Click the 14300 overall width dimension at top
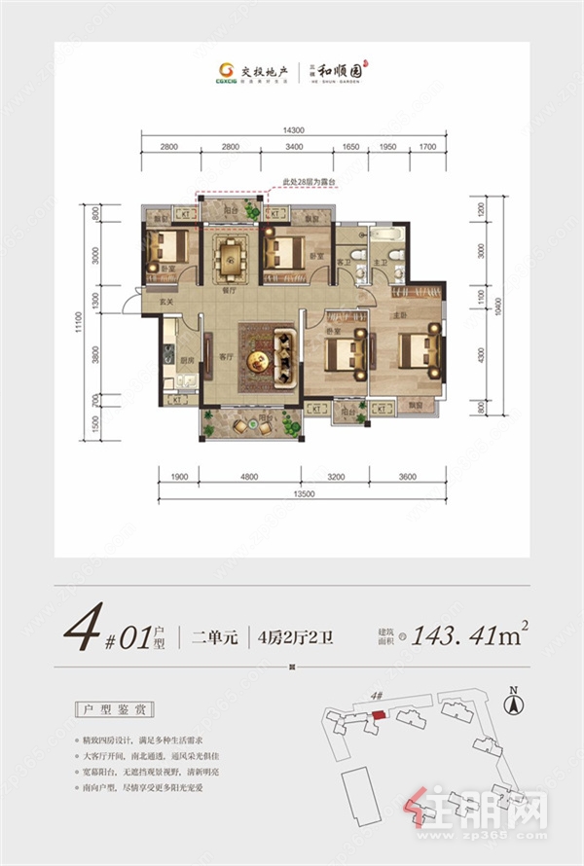(295, 129)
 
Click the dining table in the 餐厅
(231, 257)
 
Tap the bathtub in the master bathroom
(385, 235)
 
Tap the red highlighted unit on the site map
(379, 715)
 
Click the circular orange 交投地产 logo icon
(226, 69)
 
